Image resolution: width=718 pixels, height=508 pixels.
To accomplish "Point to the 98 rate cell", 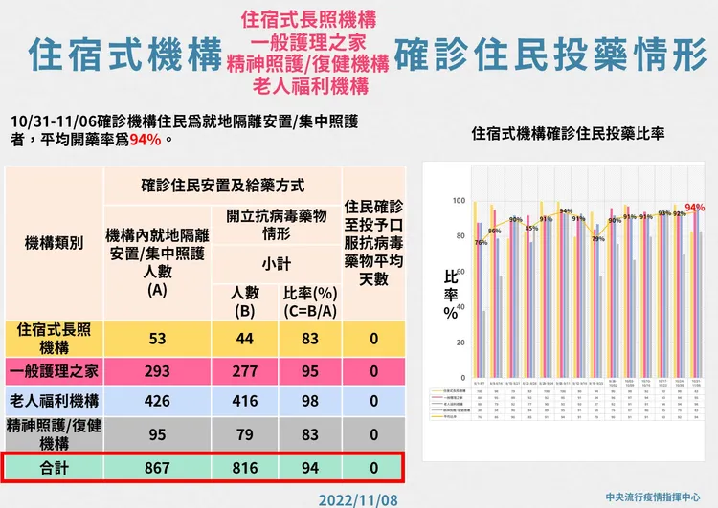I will pyautogui.click(x=309, y=401).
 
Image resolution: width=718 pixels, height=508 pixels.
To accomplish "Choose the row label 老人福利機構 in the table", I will pyautogui.click(x=55, y=401).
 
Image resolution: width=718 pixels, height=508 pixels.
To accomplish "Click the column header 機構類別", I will pyautogui.click(x=55, y=243).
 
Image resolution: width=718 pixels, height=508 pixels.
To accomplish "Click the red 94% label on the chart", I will pyautogui.click(x=695, y=208).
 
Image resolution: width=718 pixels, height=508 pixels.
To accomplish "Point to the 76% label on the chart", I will pyautogui.click(x=481, y=243).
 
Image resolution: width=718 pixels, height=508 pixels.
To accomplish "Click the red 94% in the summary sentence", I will pyautogui.click(x=146, y=140).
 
